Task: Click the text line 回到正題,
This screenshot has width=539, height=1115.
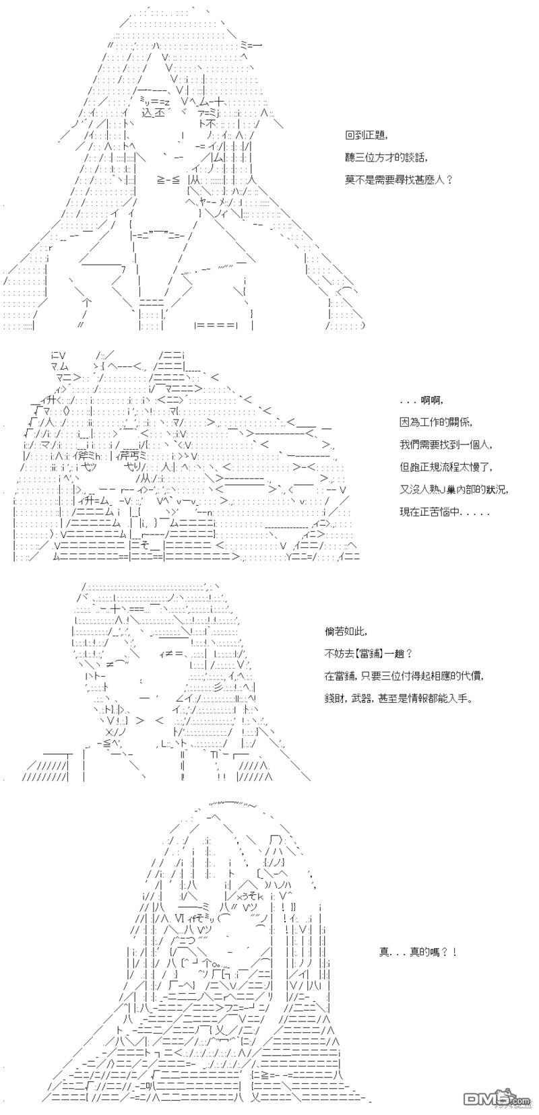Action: coord(366,135)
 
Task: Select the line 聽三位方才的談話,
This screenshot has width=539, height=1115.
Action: coord(386,158)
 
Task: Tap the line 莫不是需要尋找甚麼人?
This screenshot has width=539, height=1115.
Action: coord(399,180)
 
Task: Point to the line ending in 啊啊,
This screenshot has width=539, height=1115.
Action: coord(422,400)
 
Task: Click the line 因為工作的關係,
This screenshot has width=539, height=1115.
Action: coord(435,422)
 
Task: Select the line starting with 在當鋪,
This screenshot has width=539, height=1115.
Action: coord(404,676)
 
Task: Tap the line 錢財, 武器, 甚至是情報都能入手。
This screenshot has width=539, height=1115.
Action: coord(397,698)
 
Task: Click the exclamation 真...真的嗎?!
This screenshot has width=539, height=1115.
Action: coord(418,952)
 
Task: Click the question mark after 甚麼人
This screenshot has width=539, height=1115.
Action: coord(450,180)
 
